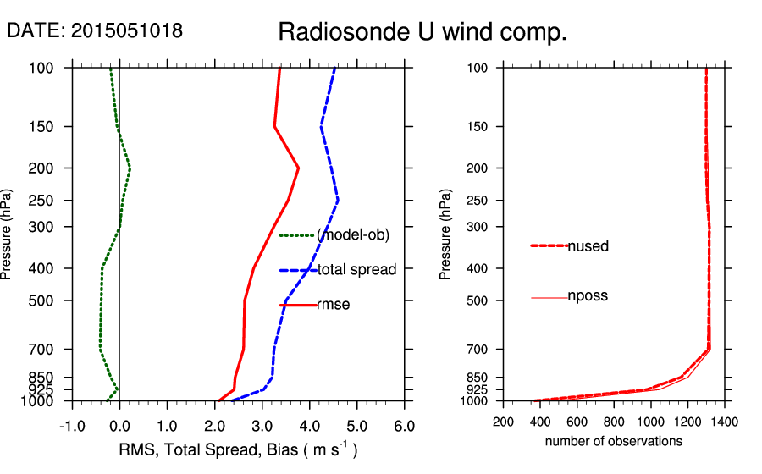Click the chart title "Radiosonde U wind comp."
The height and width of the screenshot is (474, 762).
pos(422,33)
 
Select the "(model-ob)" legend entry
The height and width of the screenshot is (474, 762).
pos(352,235)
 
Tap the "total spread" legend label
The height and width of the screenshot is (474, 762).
pos(356,270)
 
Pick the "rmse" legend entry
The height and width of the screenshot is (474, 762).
pos(333,305)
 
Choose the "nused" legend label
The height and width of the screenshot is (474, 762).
pos(588,246)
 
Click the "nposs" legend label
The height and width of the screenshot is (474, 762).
pos(588,296)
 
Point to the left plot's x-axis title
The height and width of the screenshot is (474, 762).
pos(237,450)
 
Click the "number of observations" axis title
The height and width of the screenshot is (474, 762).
pos(614,441)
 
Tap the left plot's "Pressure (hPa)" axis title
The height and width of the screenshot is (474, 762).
pos(8,235)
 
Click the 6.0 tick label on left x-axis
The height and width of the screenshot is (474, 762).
pos(404,424)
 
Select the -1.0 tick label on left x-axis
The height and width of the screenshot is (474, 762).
pos(71,424)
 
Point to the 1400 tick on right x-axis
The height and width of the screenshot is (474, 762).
pos(726,421)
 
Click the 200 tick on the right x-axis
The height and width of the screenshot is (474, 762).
pos(503,421)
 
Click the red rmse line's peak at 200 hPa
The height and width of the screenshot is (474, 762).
pos(299,168)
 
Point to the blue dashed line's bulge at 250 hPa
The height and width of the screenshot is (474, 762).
pos(338,200)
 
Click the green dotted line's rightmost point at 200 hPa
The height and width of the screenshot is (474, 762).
pos(130,168)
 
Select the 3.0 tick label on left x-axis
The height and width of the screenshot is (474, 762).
pos(262,424)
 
